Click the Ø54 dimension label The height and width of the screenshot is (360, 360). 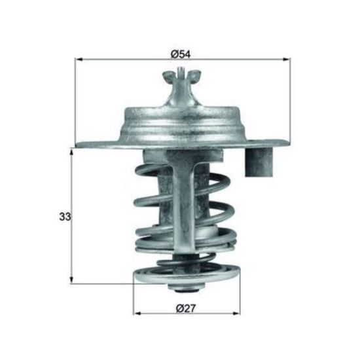(x=181, y=54)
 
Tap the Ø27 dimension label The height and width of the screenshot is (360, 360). (x=186, y=308)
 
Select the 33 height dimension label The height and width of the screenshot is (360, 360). (x=65, y=216)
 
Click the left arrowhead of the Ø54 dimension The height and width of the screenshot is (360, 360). (x=79, y=60)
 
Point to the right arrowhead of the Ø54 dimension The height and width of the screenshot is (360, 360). (x=286, y=60)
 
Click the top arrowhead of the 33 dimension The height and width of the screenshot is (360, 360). (x=71, y=153)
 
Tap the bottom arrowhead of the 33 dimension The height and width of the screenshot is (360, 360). (x=71, y=279)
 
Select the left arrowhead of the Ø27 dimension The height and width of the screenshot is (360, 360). (x=137, y=314)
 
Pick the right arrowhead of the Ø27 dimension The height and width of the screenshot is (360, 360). (x=236, y=314)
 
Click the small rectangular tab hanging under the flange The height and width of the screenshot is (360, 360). (x=259, y=162)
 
